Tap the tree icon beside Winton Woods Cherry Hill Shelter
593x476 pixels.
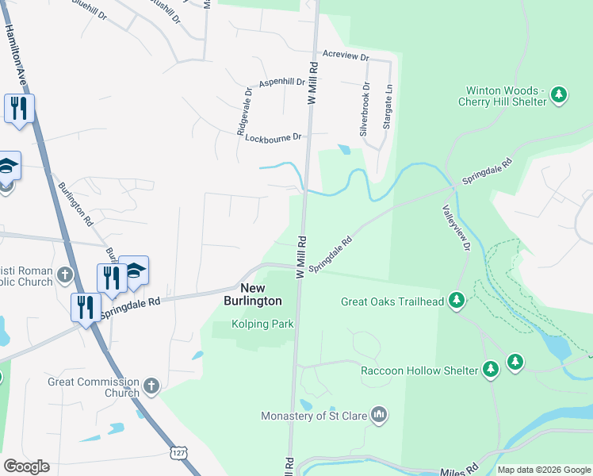(559, 96)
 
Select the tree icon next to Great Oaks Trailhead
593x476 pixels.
(457, 301)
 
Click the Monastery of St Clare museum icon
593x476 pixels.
(379, 414)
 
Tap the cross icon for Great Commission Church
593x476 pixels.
(151, 387)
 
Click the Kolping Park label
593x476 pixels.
(262, 324)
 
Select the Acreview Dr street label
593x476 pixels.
(346, 57)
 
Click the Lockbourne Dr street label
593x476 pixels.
(274, 137)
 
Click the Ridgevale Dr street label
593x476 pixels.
(246, 112)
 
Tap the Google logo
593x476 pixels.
(26, 466)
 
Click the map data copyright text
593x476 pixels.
(543, 470)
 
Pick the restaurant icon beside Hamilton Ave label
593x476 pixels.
(19, 108)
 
